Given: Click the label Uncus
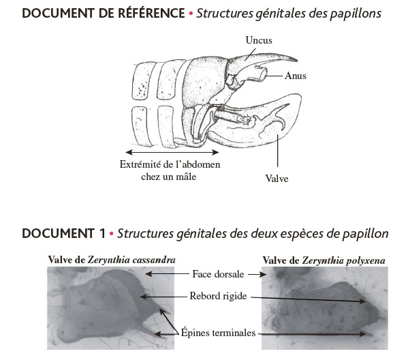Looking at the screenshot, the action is [x=259, y=40].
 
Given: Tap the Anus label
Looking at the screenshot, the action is [x=296, y=76].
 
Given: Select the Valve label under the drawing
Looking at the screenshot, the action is [x=277, y=179].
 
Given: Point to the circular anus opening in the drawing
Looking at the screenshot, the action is [x=262, y=74].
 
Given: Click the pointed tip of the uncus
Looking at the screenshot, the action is [x=296, y=60].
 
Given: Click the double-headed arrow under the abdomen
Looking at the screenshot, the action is [x=172, y=152].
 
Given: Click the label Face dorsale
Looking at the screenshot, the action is [x=218, y=274].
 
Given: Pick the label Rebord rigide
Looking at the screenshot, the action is [x=218, y=296].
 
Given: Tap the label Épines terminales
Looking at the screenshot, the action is [x=218, y=333].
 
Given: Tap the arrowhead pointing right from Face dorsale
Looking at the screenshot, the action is [x=264, y=274].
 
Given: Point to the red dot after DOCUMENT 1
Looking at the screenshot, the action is [x=112, y=234].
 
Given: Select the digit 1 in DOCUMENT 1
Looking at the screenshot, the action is [x=102, y=233].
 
